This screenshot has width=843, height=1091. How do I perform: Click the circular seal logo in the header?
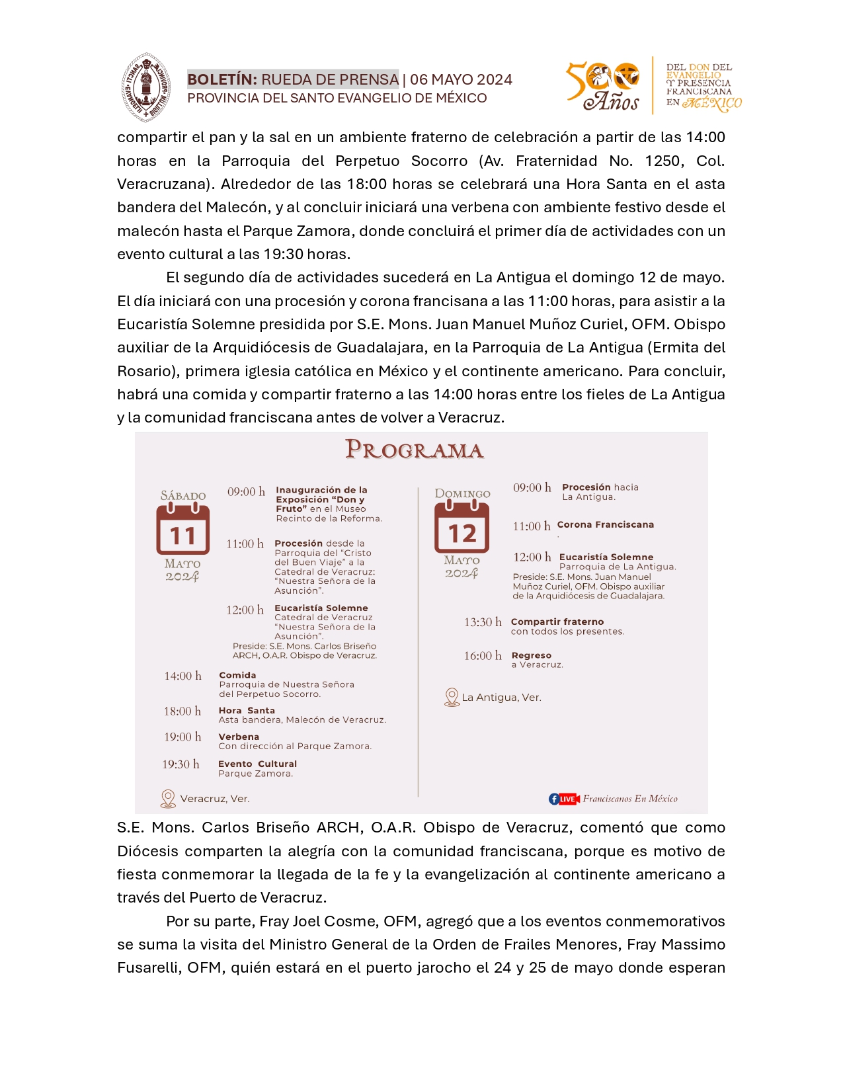(146, 88)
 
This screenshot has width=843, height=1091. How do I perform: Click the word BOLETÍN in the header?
(221, 79)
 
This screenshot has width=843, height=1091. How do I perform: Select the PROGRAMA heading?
(415, 450)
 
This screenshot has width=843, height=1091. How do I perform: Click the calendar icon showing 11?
(183, 529)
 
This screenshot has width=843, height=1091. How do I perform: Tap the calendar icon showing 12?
(462, 527)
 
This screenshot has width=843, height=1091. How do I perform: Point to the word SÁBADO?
(183, 495)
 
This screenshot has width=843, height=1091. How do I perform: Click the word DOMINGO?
(462, 493)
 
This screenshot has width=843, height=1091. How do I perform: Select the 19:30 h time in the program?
(181, 764)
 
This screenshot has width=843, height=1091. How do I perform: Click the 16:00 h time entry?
(483, 656)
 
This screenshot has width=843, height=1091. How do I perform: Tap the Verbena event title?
(239, 737)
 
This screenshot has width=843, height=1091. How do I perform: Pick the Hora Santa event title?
(247, 710)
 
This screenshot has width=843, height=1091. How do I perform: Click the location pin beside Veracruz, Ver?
(168, 799)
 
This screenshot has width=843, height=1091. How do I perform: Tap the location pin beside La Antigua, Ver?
(452, 698)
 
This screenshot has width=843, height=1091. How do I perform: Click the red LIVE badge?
(568, 799)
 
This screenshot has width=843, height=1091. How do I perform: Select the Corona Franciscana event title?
(605, 524)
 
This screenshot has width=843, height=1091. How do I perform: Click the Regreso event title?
(531, 655)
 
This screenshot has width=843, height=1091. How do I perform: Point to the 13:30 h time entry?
(483, 622)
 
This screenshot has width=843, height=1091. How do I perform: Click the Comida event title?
(237, 675)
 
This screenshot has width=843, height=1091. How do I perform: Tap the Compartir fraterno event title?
(557, 622)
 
